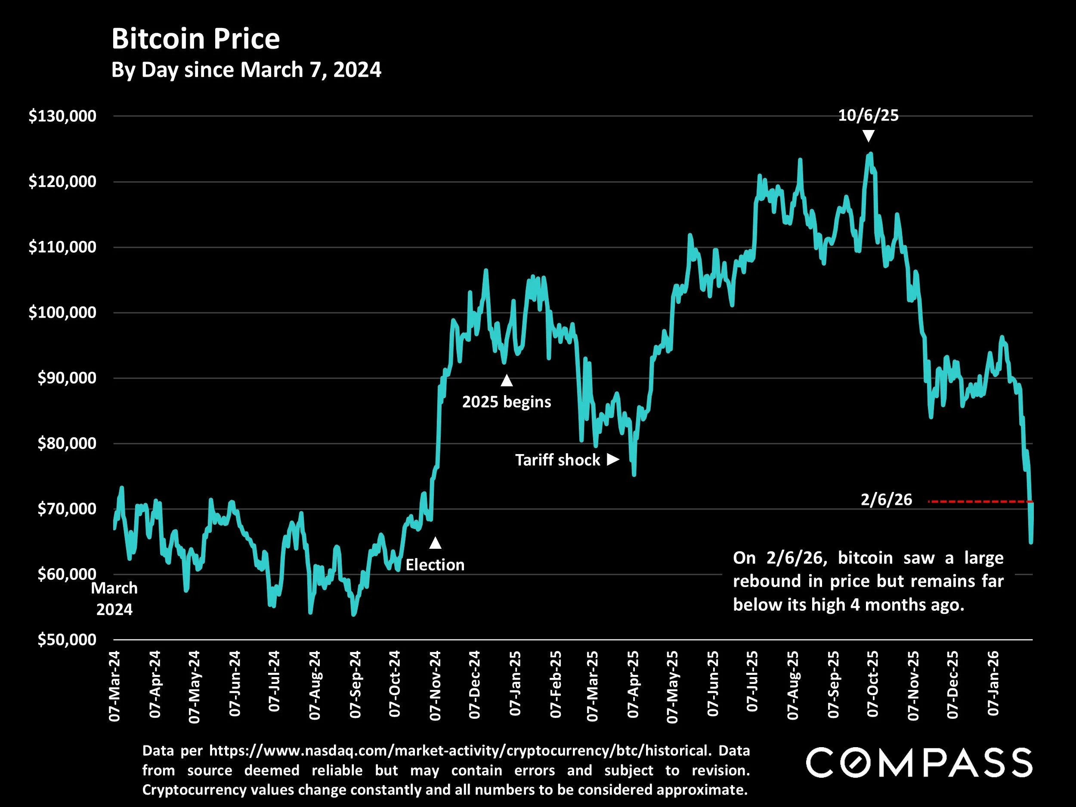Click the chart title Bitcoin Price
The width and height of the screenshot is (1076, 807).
click(x=195, y=39)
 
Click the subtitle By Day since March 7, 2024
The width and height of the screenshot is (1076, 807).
click(x=246, y=70)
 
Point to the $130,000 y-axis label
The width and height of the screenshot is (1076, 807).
click(x=62, y=116)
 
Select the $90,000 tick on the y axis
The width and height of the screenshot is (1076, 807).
click(x=67, y=378)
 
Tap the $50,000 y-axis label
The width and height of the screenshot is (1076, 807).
click(x=67, y=640)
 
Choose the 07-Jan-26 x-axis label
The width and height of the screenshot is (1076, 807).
click(x=993, y=683)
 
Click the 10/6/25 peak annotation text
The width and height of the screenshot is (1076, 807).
click(x=868, y=116)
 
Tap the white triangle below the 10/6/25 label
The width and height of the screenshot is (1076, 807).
click(x=868, y=136)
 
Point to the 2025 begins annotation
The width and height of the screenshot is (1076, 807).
click(x=507, y=402)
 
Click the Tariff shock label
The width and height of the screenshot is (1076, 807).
click(x=557, y=460)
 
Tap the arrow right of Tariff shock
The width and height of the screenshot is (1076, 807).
click(x=613, y=459)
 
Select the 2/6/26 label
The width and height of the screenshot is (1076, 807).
click(x=886, y=500)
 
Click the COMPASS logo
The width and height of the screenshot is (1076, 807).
click(x=919, y=763)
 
